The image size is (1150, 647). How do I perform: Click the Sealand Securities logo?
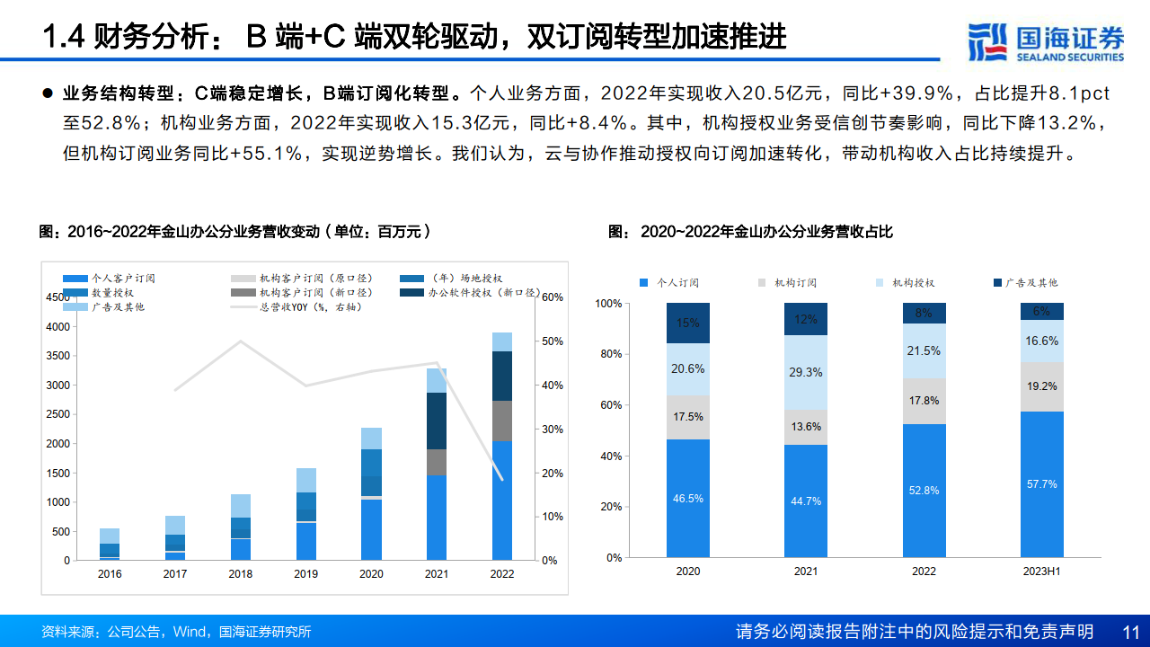coord(1046,41)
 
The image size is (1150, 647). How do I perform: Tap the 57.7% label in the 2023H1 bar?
coord(1042,484)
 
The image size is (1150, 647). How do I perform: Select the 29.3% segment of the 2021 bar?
coord(806,372)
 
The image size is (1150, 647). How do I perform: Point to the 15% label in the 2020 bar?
coord(688,323)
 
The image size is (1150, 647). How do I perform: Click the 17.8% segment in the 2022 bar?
coord(924,401)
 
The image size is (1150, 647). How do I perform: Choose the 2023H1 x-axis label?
coord(1042,572)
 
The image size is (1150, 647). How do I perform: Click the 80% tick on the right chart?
coord(610,354)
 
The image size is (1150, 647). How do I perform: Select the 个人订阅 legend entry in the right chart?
coord(670,283)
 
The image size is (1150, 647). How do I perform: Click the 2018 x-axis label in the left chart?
coord(240,574)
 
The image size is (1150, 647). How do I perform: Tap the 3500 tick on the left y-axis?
coord(57,356)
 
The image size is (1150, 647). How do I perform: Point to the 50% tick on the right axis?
coord(552,341)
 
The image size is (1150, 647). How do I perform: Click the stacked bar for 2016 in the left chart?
coord(110,544)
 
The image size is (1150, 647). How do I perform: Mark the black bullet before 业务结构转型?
coord(48,93)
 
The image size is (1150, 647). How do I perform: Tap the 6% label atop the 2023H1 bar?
coord(1042,312)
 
